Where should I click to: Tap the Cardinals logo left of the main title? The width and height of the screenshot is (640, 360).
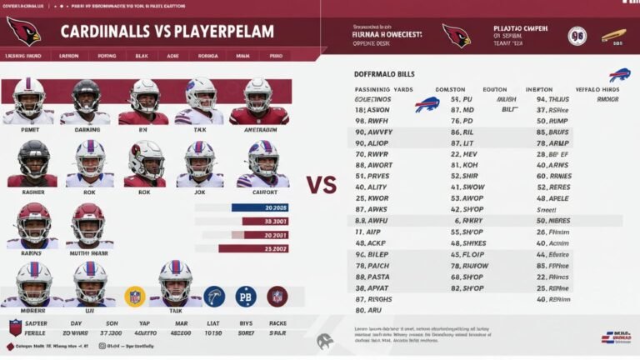click(23, 31)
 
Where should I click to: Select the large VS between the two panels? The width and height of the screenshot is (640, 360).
click(322, 184)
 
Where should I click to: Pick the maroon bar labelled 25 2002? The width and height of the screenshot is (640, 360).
click(254, 248)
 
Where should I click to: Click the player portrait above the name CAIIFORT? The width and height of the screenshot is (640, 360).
click(263, 162)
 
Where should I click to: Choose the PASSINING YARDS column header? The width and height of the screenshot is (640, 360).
click(384, 87)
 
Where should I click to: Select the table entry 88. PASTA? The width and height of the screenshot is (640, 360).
click(372, 276)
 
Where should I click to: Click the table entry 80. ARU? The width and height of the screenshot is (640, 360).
click(367, 308)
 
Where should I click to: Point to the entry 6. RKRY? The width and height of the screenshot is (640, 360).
click(467, 221)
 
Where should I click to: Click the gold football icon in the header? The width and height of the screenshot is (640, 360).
click(613, 36)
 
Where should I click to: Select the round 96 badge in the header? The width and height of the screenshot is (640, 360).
click(577, 36)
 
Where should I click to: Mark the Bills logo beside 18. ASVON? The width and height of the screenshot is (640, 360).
click(427, 105)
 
